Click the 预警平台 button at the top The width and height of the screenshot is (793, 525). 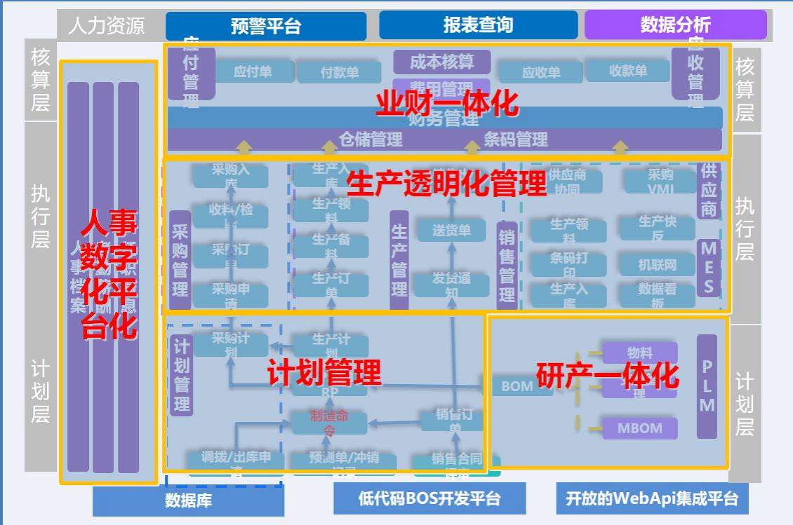[x=266, y=26]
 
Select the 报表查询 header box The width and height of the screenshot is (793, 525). [x=478, y=25]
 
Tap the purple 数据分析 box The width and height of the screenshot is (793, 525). [x=675, y=25]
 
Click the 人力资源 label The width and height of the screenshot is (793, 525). [x=107, y=26]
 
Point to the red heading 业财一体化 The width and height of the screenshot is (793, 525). [x=447, y=104]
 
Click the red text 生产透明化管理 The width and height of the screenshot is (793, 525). [x=446, y=184]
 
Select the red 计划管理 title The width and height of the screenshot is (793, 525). [x=324, y=372]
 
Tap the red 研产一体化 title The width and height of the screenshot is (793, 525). [x=608, y=376]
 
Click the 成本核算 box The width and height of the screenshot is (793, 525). [x=441, y=62]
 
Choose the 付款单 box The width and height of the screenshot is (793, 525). [x=340, y=71]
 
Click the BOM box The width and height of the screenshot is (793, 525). [x=517, y=386]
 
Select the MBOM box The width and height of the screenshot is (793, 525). [x=639, y=428]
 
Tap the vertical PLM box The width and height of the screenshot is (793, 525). [x=707, y=386]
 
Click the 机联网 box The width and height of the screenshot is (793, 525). [x=657, y=265]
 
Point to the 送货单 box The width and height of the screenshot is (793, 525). [x=451, y=230]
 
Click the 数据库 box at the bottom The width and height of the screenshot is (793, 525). [x=188, y=500]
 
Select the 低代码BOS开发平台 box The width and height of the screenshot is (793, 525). [x=429, y=498]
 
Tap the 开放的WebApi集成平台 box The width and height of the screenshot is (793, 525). [x=652, y=498]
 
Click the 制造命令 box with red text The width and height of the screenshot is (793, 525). [x=329, y=422]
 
